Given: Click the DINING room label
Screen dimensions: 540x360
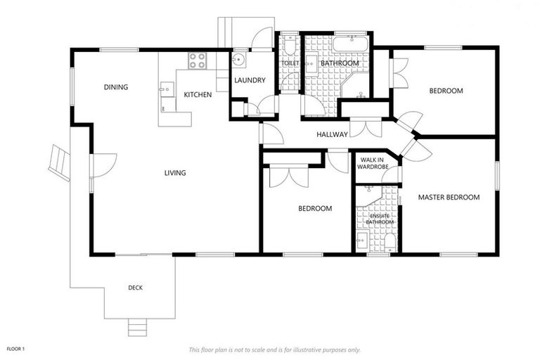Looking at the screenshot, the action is click(x=116, y=87).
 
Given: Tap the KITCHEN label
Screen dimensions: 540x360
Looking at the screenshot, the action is click(x=198, y=94).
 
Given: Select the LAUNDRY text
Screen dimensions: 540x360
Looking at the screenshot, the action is click(x=250, y=80).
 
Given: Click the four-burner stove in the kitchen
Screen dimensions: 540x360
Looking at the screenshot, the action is click(x=198, y=60).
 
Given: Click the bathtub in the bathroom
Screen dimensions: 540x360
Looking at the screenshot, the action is click(x=351, y=44).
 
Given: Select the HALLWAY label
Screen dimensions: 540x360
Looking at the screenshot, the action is click(x=332, y=134).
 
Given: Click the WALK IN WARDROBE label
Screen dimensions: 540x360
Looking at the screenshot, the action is click(x=373, y=163).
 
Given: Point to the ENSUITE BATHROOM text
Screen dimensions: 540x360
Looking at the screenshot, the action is click(x=380, y=219).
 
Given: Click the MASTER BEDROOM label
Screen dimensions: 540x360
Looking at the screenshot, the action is click(x=449, y=198).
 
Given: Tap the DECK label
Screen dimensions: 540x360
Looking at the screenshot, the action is click(x=135, y=288).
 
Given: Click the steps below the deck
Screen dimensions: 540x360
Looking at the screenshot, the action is click(x=138, y=327).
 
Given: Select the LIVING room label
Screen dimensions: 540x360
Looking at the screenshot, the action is click(x=175, y=173).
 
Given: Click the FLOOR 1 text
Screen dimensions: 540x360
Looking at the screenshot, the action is click(x=15, y=349).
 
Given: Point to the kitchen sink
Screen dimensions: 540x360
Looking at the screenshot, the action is click(x=167, y=89).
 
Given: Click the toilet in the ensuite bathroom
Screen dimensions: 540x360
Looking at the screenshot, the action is click(x=390, y=242).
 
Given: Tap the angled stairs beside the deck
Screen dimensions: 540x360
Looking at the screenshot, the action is click(x=59, y=162).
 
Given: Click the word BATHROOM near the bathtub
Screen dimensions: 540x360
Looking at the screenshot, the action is click(x=340, y=63).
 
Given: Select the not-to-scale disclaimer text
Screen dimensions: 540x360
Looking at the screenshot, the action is click(x=274, y=350).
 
